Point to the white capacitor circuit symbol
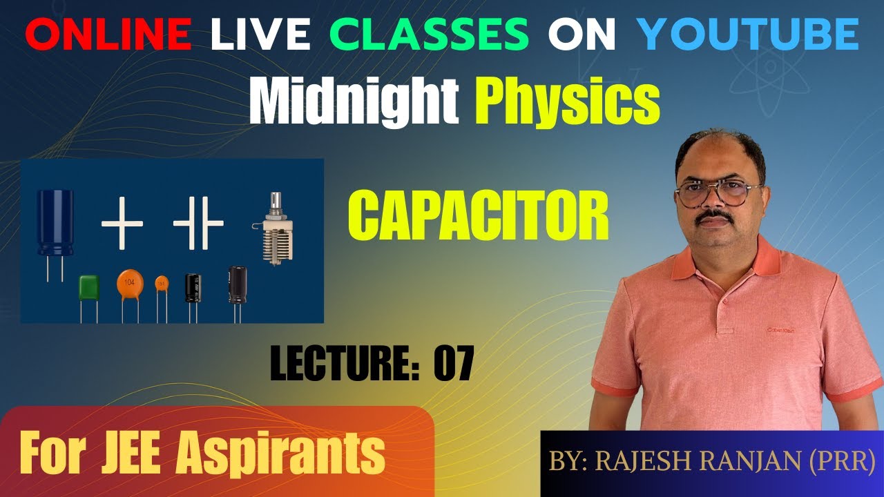point(198,224)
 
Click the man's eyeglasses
point(718,192)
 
